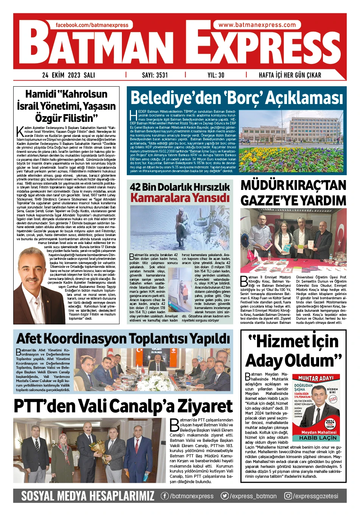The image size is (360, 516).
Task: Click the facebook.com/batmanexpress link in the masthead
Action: tap(92, 25)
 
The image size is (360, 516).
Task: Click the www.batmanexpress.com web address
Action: tap(257, 25)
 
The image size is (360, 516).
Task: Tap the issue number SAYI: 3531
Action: tap(155, 75)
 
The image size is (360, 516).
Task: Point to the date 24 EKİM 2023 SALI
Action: tap(69, 75)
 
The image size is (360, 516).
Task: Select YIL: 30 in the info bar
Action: tap(216, 75)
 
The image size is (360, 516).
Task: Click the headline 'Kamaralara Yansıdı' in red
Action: tap(180, 197)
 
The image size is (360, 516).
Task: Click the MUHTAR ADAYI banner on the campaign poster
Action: tap(316, 378)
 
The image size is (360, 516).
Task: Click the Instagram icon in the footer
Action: tap(288, 496)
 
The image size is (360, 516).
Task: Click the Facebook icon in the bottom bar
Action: tap(165, 496)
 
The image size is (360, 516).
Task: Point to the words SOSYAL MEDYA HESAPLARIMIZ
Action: tap(88, 496)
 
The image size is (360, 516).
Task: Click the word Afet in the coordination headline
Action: tap(31, 339)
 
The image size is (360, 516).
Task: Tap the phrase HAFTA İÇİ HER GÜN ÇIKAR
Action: tap(290, 75)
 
